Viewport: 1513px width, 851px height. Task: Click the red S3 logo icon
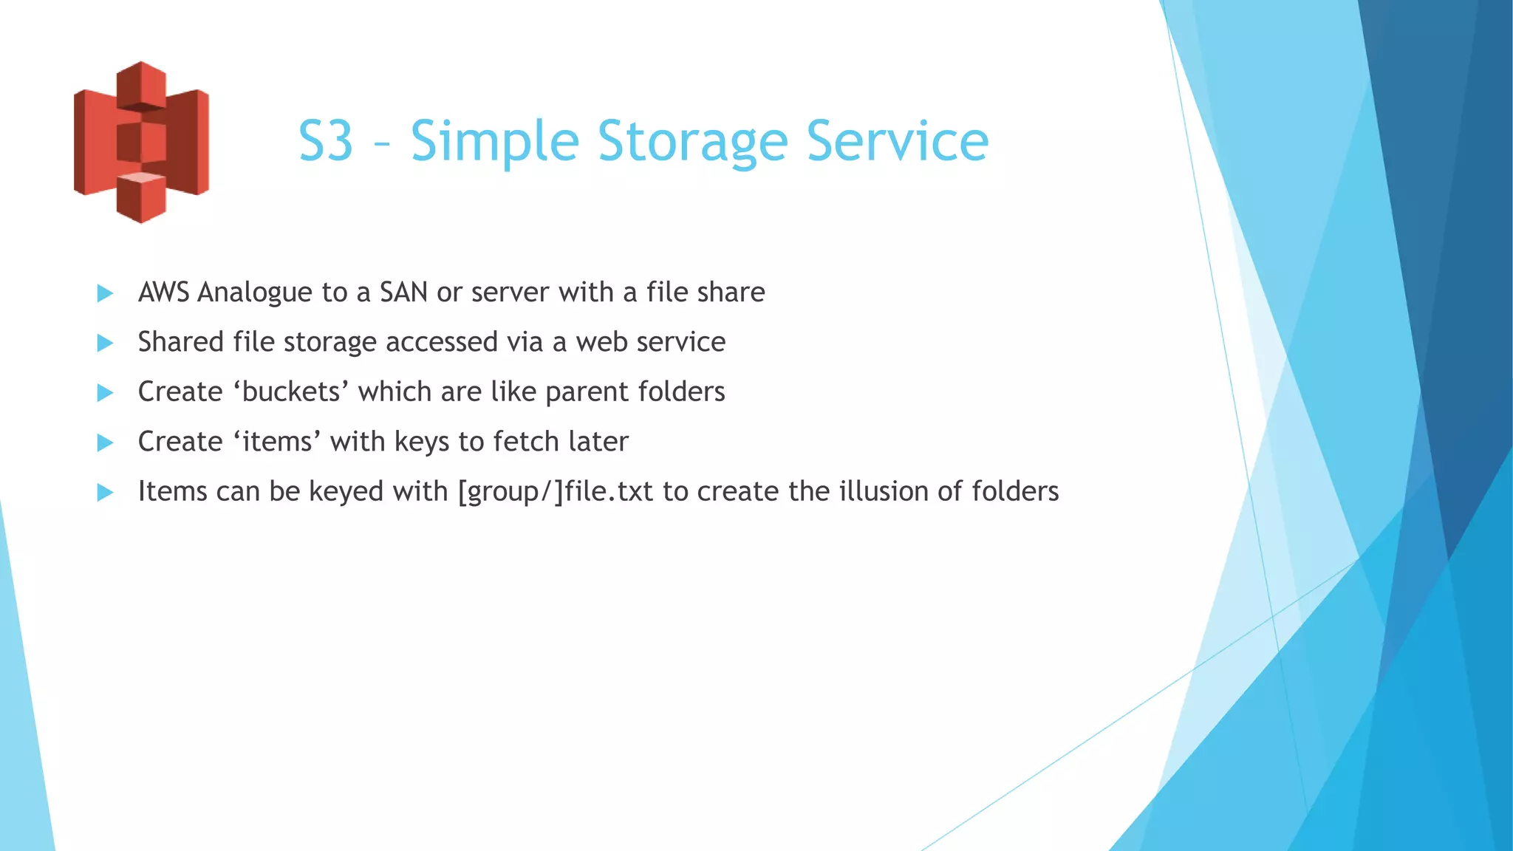pos(141,142)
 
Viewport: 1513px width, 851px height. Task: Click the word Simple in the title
pos(494,141)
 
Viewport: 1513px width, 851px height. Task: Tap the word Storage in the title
pos(692,141)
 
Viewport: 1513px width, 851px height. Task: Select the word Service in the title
pos(897,141)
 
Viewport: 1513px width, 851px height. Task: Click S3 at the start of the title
pos(326,141)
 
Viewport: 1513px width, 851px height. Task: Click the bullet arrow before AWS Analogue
pos(105,293)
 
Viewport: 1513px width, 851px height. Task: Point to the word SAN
pos(403,293)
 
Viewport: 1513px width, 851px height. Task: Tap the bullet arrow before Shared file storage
pos(105,343)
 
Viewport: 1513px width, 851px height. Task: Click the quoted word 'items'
pos(277,442)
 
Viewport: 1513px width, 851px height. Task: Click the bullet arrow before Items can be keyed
pos(105,492)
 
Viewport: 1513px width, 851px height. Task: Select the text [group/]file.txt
pos(555,492)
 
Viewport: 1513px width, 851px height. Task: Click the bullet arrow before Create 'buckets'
pos(105,392)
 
